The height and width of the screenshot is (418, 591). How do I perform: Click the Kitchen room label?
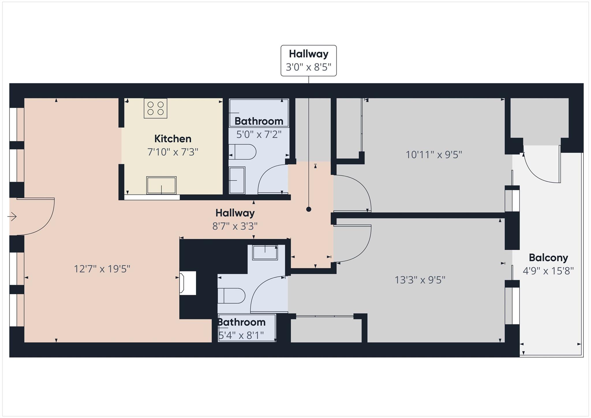pyautogui.click(x=173, y=139)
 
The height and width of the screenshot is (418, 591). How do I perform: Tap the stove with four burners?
pyautogui.click(x=156, y=108)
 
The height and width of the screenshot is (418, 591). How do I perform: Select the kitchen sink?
pyautogui.click(x=161, y=185)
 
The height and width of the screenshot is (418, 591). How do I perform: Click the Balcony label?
pyautogui.click(x=548, y=257)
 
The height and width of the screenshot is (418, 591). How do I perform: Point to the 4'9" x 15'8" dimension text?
pyautogui.click(x=548, y=271)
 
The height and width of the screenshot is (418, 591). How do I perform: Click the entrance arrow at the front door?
pyautogui.click(x=12, y=217)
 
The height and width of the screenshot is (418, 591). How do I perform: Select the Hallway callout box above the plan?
pyautogui.click(x=308, y=61)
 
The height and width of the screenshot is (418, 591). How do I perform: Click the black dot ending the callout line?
pyautogui.click(x=308, y=209)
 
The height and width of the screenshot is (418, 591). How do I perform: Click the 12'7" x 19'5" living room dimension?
pyautogui.click(x=102, y=269)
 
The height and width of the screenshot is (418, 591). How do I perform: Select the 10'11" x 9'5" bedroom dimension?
pyautogui.click(x=434, y=155)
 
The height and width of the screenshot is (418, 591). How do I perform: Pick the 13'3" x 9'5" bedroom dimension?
pyautogui.click(x=420, y=280)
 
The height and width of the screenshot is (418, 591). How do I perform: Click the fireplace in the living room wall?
pyautogui.click(x=188, y=283)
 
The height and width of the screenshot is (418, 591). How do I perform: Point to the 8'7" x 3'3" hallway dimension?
pyautogui.click(x=235, y=226)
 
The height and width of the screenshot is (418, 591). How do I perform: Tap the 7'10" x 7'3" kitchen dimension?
pyautogui.click(x=173, y=152)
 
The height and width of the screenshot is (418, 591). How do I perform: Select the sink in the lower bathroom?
pyautogui.click(x=265, y=253)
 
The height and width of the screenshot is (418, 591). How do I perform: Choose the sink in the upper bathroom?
pyautogui.click(x=237, y=180)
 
